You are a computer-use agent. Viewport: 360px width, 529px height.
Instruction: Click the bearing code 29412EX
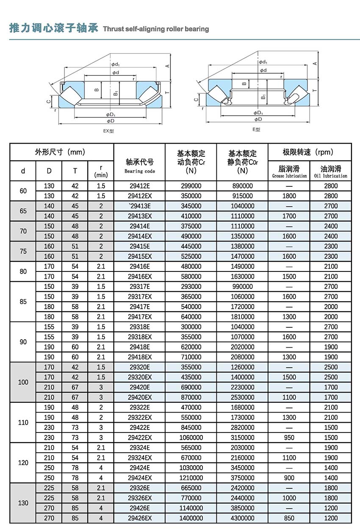pyautogui.click(x=139, y=196)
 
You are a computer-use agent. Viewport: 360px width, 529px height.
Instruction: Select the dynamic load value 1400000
pyautogui.click(x=191, y=518)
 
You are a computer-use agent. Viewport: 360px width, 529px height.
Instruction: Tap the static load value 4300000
pyautogui.click(x=242, y=518)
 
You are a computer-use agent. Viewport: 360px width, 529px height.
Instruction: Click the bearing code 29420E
pyautogui.click(x=139, y=387)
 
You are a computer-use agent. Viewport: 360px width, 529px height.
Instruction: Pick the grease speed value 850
pyautogui.click(x=289, y=518)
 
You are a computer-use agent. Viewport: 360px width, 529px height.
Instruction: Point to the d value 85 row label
pyautogui.click(x=23, y=302)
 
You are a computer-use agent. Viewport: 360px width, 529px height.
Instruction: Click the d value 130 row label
pyautogui.click(x=23, y=503)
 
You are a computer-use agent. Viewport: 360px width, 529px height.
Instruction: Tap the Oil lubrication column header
pyautogui.click(x=331, y=171)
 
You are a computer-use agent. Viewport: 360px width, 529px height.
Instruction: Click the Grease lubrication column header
pyautogui.click(x=289, y=171)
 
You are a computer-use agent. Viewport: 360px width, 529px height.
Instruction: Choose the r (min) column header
pyautogui.click(x=101, y=171)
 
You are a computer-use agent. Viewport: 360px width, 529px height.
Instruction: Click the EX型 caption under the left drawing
pyautogui.click(x=109, y=131)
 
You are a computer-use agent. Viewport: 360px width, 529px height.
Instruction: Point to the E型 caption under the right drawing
pyautogui.click(x=257, y=130)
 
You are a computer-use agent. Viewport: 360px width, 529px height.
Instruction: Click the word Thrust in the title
pyautogui.click(x=113, y=29)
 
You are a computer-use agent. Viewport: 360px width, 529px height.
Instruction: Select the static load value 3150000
pyautogui.click(x=242, y=438)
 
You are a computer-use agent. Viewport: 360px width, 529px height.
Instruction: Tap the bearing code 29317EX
pyautogui.click(x=139, y=296)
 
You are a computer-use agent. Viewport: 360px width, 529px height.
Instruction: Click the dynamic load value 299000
pyautogui.click(x=191, y=186)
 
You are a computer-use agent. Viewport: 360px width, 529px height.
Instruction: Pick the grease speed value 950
pyautogui.click(x=289, y=438)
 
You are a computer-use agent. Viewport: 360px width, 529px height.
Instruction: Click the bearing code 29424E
pyautogui.click(x=139, y=468)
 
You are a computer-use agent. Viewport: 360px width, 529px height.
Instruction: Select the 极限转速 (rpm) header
pyautogui.click(x=310, y=152)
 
